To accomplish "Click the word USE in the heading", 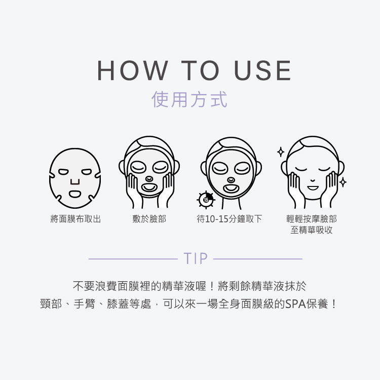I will pos(263,70).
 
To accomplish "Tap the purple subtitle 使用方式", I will pos(190,99).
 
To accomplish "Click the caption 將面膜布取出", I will pos(75,219).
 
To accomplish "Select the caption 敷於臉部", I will pos(149,219).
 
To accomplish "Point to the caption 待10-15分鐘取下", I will pos(230,219).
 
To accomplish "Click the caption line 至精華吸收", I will pos(312,230).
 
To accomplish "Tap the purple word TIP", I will pos(196,259).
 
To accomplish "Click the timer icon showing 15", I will pos(206,200).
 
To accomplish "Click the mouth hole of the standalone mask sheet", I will pos(75,194).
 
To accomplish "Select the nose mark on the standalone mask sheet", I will pos(75,181).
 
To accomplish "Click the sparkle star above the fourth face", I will pos(280,151).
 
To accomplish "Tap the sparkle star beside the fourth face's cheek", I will pos(343,182).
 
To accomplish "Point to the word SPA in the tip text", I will pos(294,305).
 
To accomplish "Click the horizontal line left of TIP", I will pos(133,259).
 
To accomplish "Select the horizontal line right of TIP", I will pos(258,259).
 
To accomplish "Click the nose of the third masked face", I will pos(231,179).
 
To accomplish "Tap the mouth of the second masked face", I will pos(149,187).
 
